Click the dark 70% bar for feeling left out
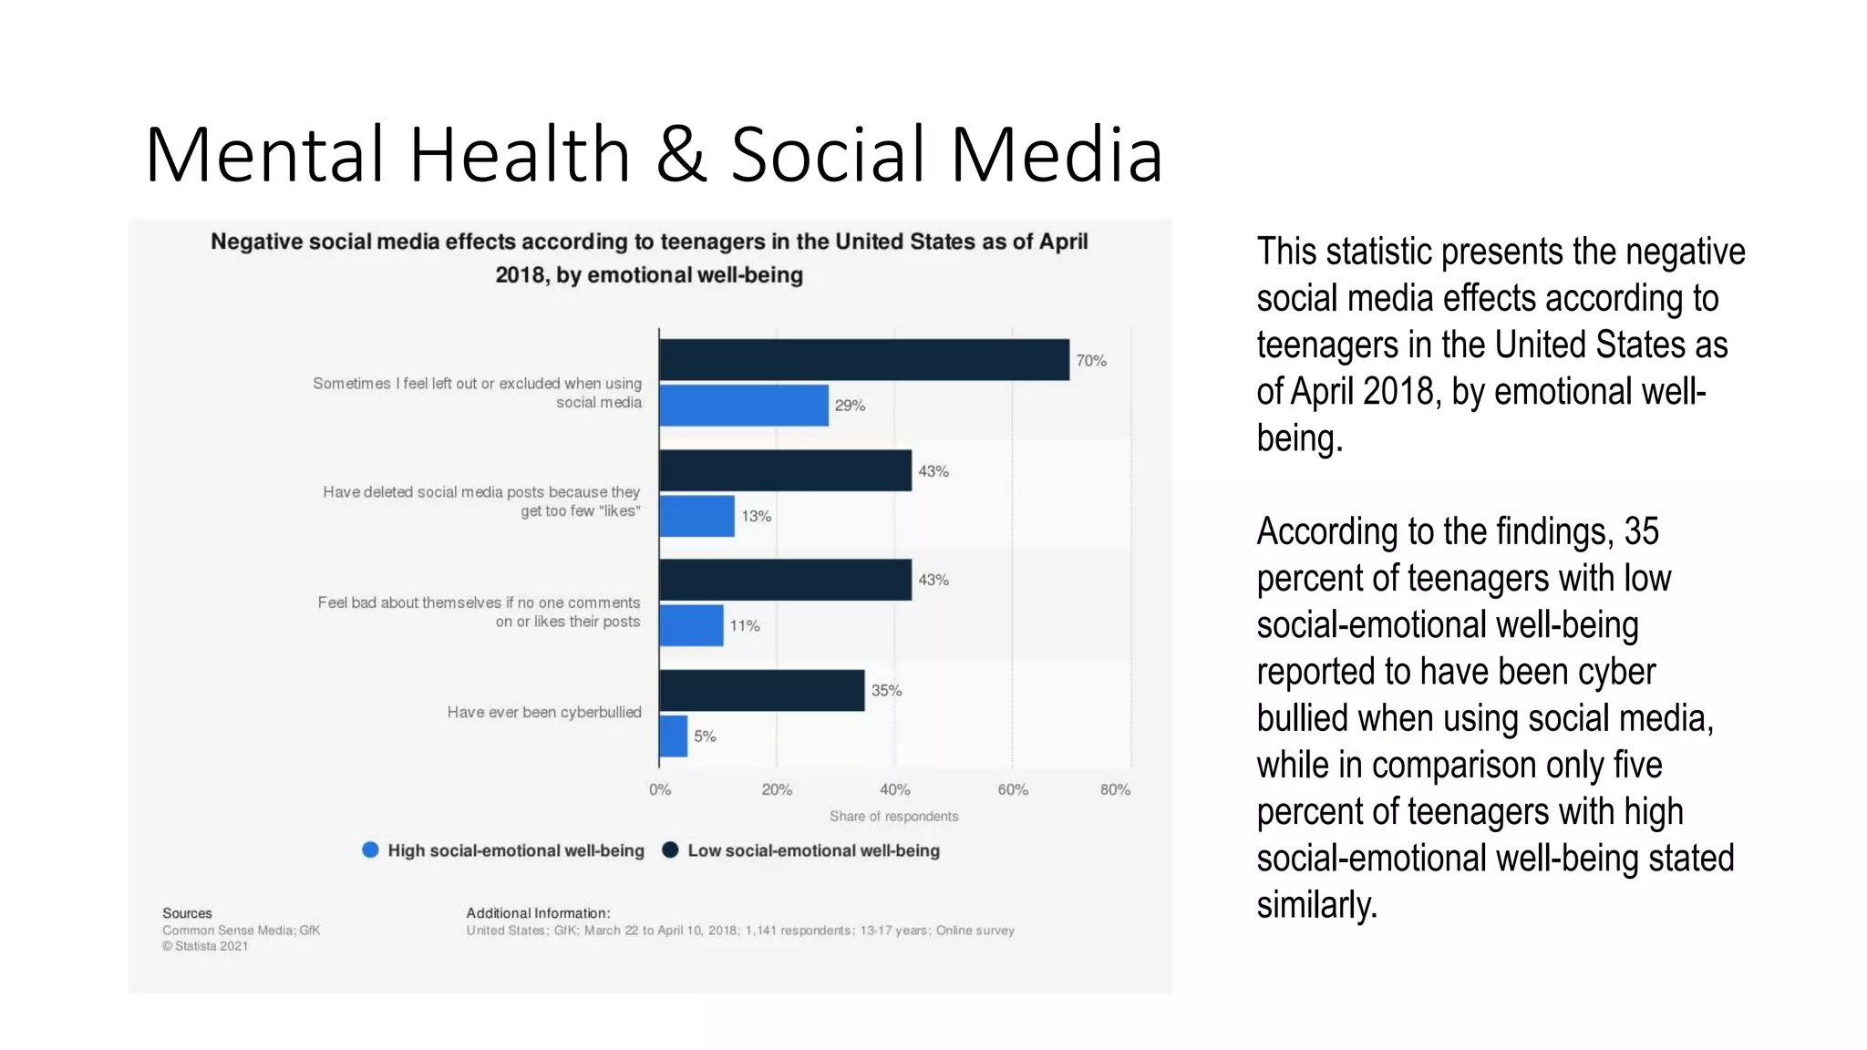863,360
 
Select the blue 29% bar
743,406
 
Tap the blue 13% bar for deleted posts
696,516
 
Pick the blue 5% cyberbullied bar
674,736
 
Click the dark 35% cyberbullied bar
761,690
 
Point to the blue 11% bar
691,625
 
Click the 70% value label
1090,361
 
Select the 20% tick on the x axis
777,789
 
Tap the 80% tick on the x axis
1115,789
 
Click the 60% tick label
1012,789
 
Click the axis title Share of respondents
893,817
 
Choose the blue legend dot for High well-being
370,849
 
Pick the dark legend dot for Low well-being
670,849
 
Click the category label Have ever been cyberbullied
543,712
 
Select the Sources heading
187,913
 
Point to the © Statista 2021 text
205,946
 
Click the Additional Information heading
538,913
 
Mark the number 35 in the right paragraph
1641,531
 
